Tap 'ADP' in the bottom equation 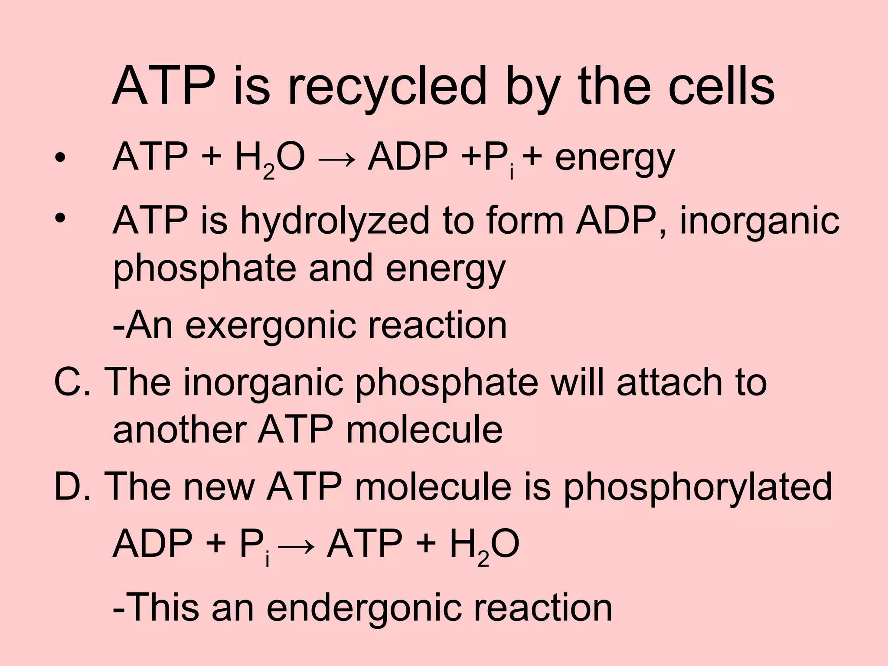pyautogui.click(x=152, y=544)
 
